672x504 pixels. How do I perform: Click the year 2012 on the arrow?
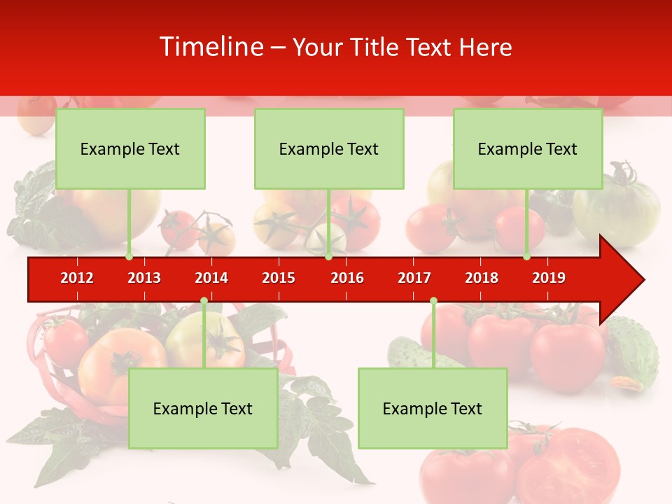[x=77, y=278]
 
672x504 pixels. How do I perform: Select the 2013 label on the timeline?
[x=144, y=278]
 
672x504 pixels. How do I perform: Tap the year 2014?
[x=211, y=278]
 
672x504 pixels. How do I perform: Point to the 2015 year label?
[x=279, y=278]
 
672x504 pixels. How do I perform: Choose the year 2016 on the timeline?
[x=347, y=278]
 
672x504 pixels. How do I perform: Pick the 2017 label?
[x=414, y=278]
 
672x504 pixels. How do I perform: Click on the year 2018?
[x=482, y=278]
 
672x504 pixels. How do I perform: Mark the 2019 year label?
[x=549, y=278]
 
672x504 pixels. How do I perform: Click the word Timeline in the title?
[x=210, y=47]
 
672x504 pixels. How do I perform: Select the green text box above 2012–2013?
[x=130, y=148]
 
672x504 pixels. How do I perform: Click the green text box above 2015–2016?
[x=329, y=148]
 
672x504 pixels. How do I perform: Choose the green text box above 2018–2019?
[x=528, y=148]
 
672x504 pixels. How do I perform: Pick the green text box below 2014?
[x=203, y=408]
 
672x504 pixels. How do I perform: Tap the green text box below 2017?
[x=433, y=408]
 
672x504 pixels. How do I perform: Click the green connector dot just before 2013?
[x=129, y=257]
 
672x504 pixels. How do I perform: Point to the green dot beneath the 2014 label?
[x=204, y=301]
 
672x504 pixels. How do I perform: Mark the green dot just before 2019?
[x=526, y=257]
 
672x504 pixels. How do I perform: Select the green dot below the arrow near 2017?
[x=433, y=301]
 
